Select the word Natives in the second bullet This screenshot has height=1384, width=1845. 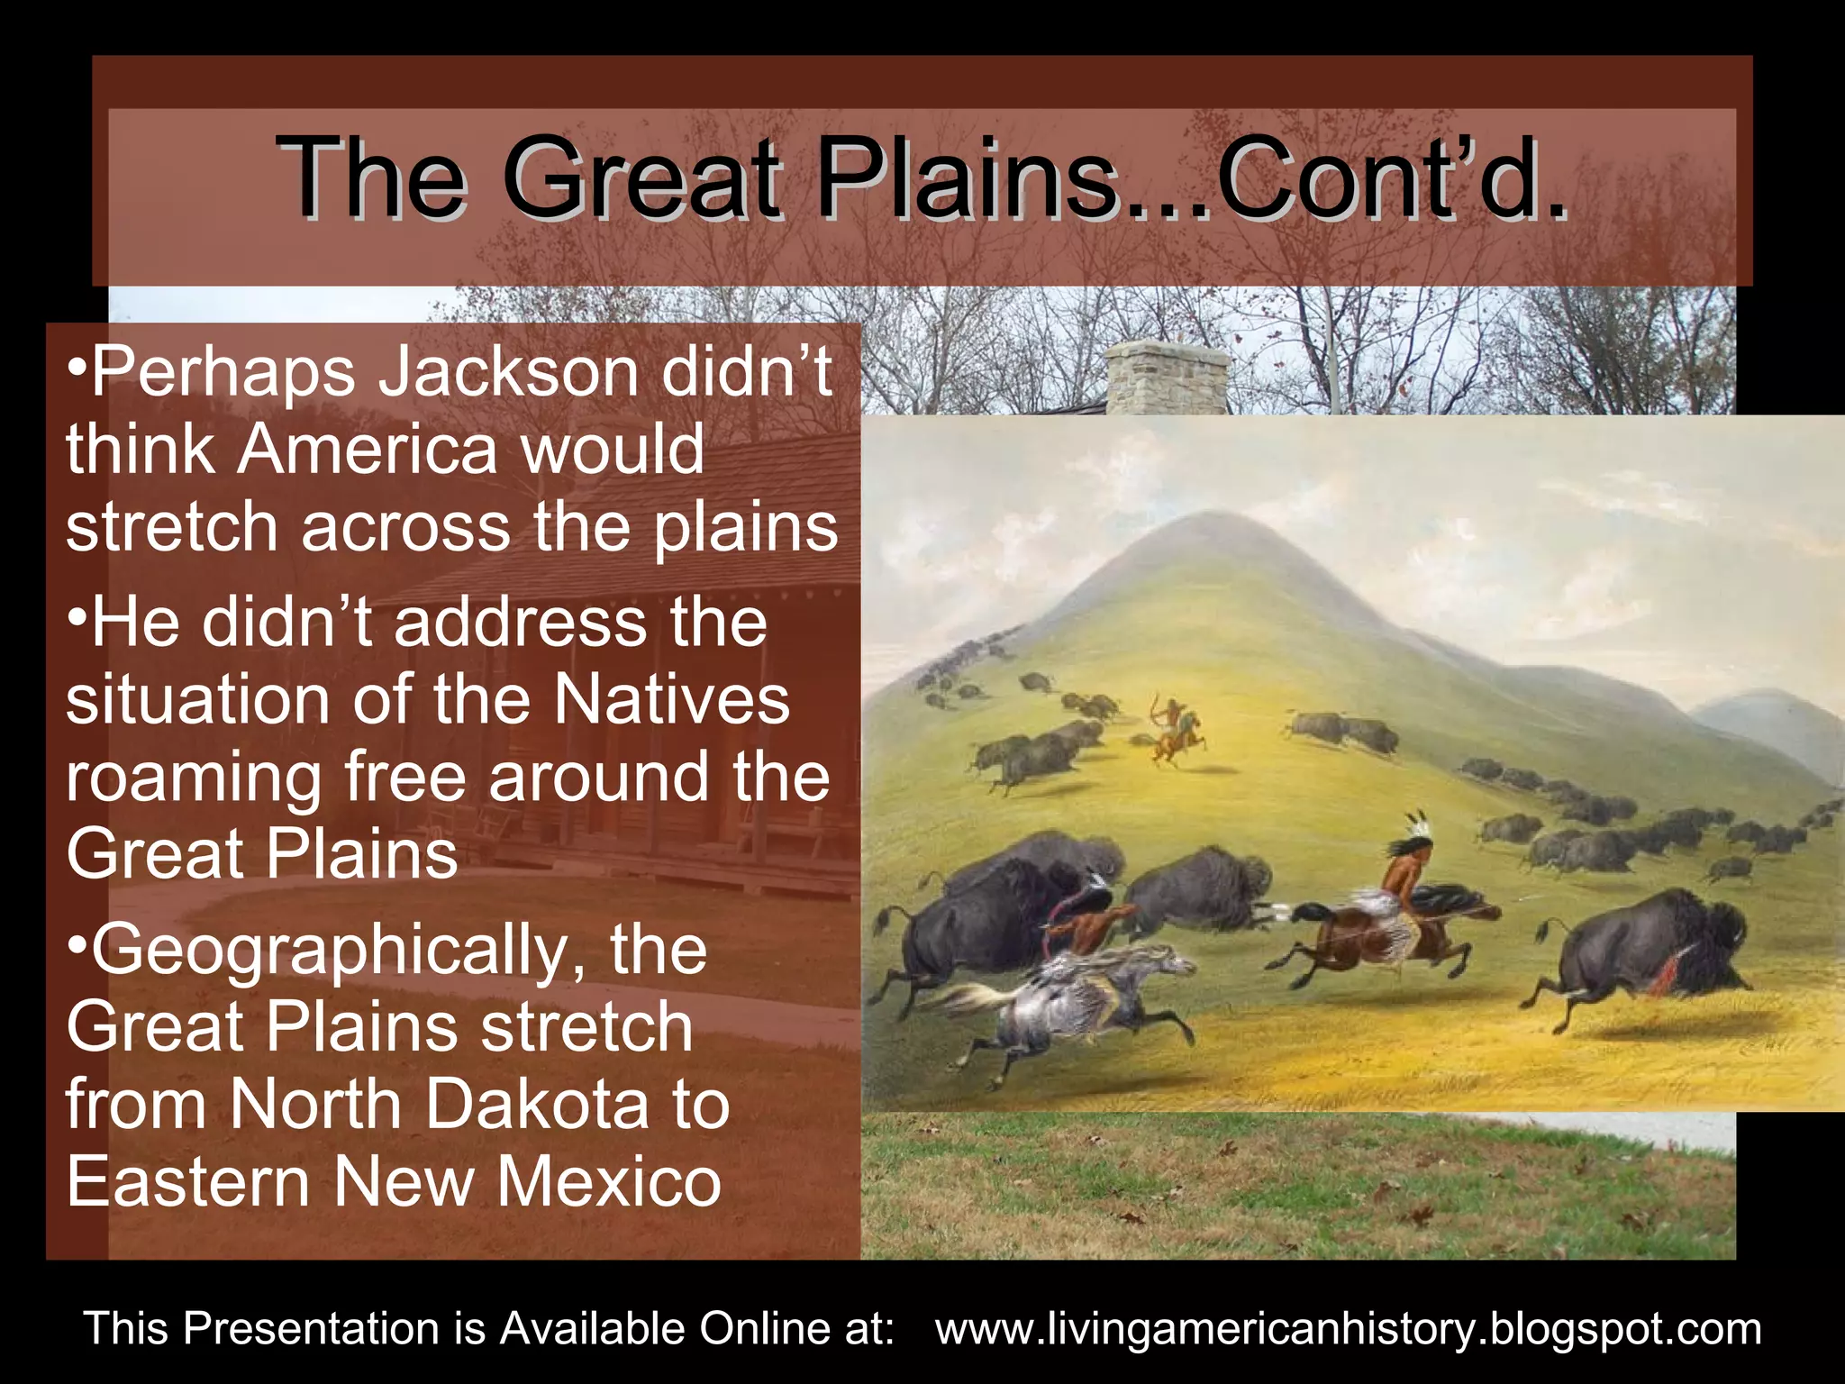671,700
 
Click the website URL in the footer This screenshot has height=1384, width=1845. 1348,1329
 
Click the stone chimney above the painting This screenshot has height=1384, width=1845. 1167,377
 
